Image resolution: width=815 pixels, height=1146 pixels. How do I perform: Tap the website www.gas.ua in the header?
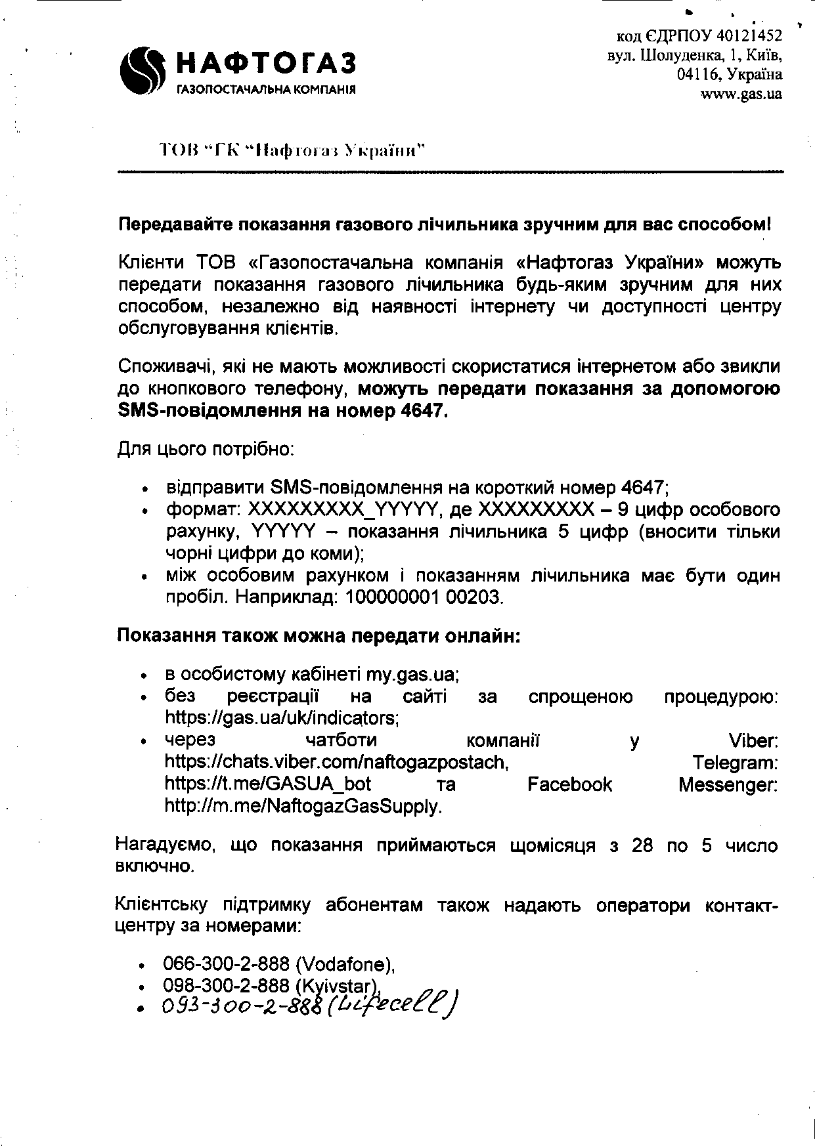click(x=741, y=94)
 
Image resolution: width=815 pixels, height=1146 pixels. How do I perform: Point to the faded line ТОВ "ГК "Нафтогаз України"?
click(x=292, y=151)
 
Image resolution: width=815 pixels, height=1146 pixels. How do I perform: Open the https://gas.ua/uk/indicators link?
click(x=282, y=717)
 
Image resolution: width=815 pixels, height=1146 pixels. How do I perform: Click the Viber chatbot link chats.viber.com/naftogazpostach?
click(x=336, y=762)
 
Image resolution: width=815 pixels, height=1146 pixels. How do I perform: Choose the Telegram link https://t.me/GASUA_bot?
click(x=267, y=784)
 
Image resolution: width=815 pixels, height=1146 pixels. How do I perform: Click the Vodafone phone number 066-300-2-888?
click(x=226, y=964)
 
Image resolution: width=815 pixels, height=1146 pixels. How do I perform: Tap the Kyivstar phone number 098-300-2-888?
click(x=226, y=985)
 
